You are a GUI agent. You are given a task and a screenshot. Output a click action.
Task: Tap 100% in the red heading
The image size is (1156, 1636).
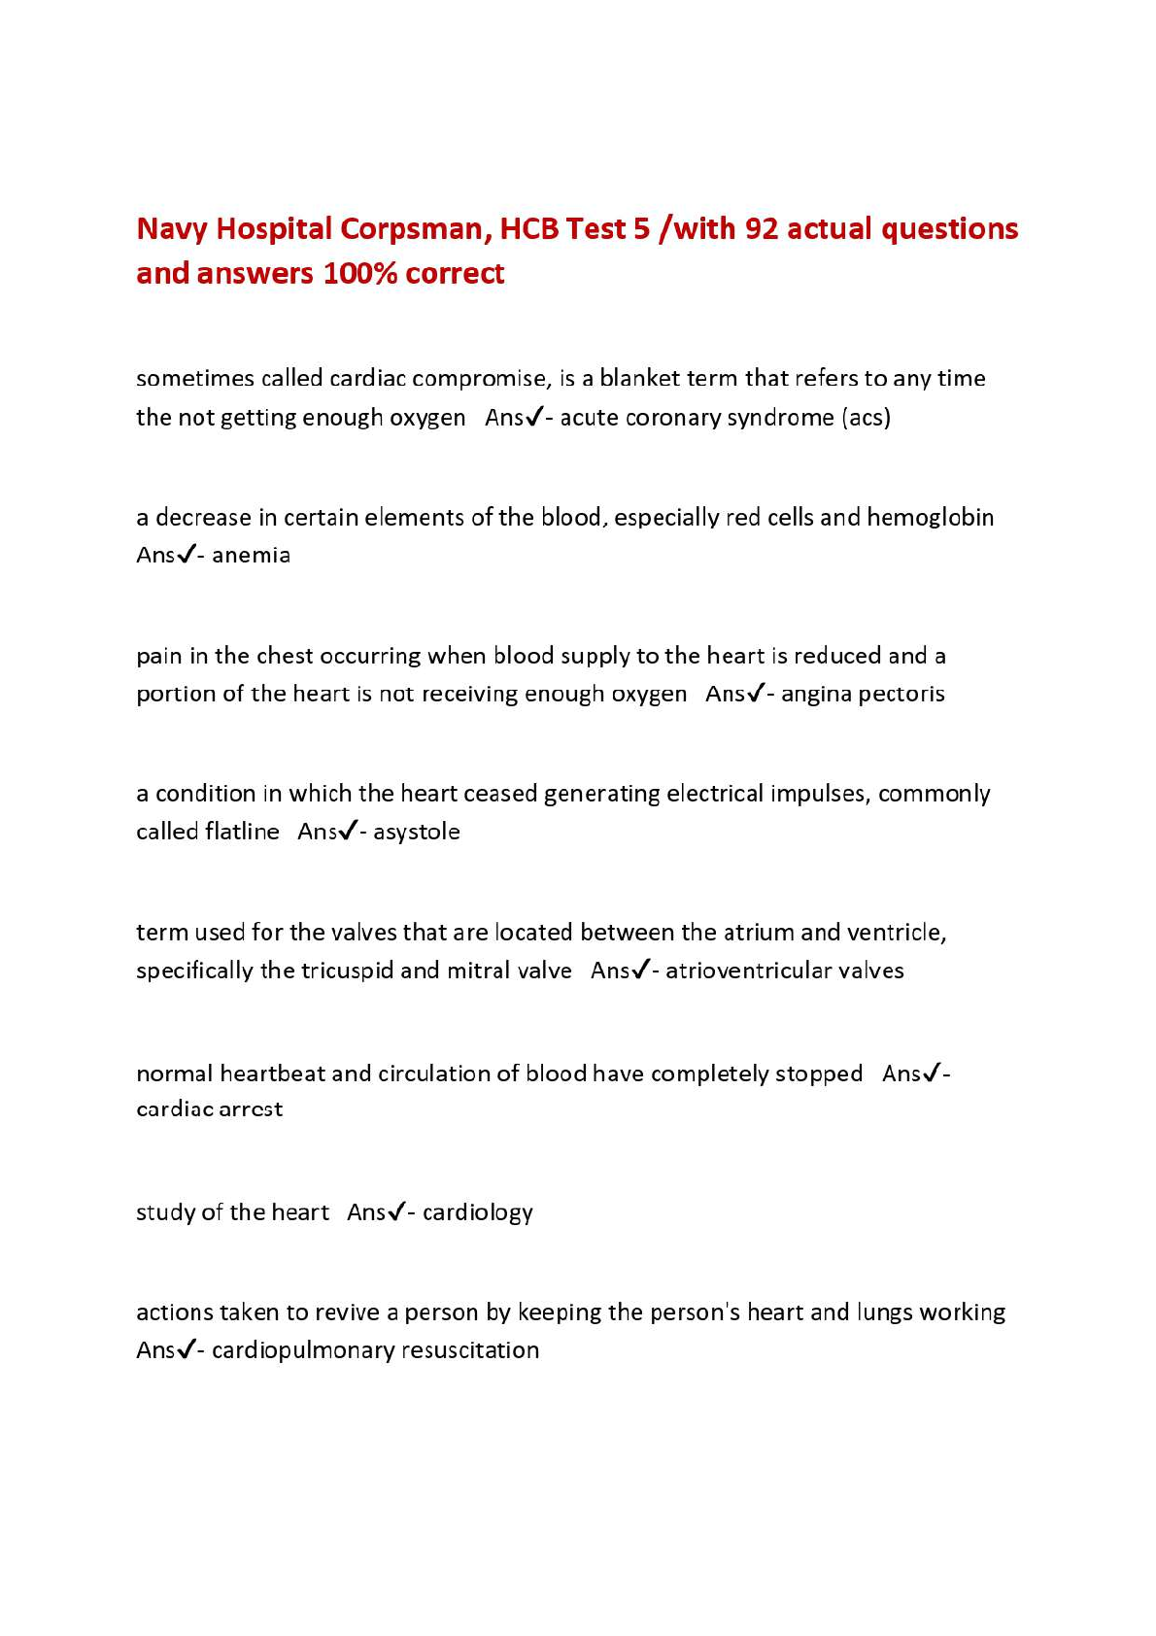click(359, 273)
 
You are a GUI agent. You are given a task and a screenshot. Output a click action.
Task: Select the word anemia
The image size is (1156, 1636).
click(251, 556)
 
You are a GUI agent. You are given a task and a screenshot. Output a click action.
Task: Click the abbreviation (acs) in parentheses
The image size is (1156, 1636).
click(867, 418)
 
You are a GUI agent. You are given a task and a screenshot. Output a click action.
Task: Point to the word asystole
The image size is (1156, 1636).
click(416, 833)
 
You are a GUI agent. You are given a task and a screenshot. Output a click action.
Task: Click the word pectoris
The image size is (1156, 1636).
click(901, 695)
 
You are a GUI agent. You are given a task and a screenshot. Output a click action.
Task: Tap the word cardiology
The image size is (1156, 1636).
click(477, 1213)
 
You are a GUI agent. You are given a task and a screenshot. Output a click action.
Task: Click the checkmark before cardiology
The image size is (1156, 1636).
click(395, 1211)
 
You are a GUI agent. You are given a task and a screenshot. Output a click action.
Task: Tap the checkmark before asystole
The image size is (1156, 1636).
click(347, 831)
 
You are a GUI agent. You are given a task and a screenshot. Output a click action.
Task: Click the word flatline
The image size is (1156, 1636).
click(242, 832)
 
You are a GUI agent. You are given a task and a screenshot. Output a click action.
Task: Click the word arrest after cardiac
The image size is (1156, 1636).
click(249, 1109)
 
